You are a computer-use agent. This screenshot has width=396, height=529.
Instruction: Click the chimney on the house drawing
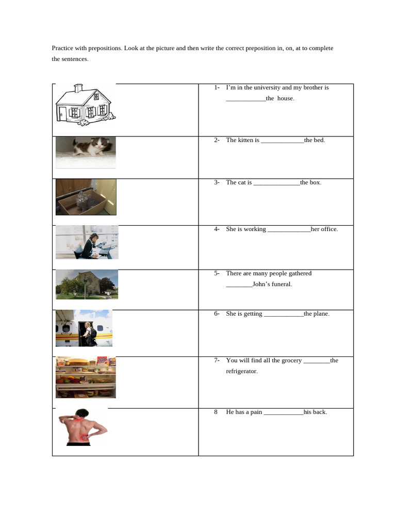point(78,88)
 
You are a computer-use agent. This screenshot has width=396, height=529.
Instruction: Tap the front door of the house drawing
point(62,115)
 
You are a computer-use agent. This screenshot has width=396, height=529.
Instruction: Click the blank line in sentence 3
point(277,183)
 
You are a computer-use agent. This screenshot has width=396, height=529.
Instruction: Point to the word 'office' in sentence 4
point(328,229)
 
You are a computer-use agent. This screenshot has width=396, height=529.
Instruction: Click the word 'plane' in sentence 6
point(321,314)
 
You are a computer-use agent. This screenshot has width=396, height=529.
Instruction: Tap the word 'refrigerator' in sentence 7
point(241,371)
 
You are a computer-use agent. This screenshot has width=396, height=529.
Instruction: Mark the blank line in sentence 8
point(284,412)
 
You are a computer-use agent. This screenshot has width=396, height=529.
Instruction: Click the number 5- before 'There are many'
point(217,273)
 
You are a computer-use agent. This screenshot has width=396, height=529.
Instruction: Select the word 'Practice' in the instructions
point(63,48)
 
